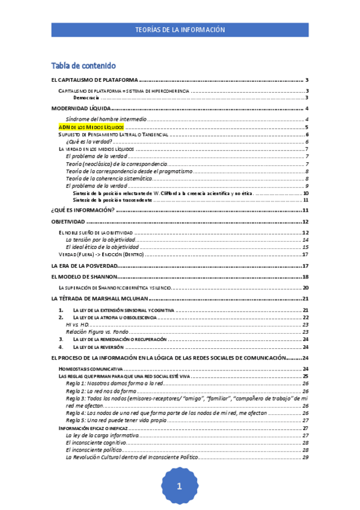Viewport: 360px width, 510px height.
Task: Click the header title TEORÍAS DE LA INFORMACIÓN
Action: (x=180, y=29)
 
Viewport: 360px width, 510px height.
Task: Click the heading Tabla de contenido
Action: (x=84, y=66)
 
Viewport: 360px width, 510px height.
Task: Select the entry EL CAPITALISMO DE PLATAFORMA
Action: (x=95, y=80)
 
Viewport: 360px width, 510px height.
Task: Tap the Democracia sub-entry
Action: (x=86, y=97)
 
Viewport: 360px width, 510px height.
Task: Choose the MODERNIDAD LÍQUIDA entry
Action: (x=81, y=108)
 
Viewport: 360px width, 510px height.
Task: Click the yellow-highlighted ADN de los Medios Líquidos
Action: (x=91, y=127)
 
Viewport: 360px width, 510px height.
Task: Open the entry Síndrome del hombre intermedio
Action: (x=106, y=120)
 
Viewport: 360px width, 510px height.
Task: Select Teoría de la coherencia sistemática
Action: (x=109, y=179)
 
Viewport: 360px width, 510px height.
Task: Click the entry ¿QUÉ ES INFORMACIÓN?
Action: (x=83, y=210)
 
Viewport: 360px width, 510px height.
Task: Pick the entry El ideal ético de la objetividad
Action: (x=102, y=247)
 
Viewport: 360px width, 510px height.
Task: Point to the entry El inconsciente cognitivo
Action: (x=96, y=442)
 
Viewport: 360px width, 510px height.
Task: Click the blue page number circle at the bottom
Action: (x=179, y=487)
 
